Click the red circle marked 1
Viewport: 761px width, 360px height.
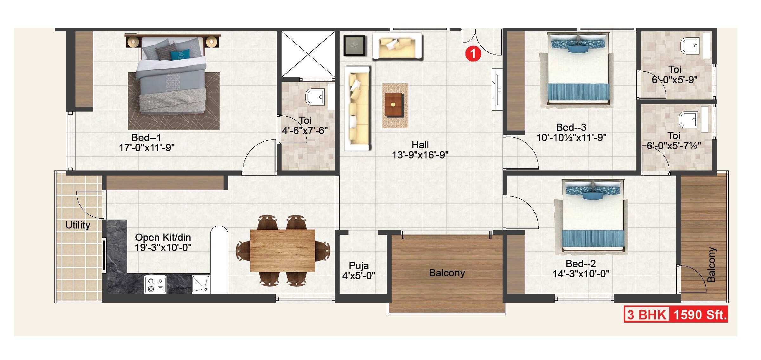(473, 54)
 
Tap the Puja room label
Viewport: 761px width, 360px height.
(359, 266)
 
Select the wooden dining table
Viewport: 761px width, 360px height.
(282, 251)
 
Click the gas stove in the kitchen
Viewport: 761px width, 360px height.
(155, 285)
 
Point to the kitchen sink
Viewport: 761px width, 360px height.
(200, 284)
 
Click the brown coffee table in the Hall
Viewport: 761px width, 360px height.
(393, 105)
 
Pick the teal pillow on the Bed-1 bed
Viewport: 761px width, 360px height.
(180, 55)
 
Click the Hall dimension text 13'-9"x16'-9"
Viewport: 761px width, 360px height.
(420, 155)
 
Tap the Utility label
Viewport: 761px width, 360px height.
(78, 225)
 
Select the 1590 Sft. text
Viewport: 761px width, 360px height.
(700, 315)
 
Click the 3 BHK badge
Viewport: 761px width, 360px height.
(647, 315)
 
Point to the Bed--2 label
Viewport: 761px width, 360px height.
(581, 264)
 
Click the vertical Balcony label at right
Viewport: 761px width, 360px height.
(712, 265)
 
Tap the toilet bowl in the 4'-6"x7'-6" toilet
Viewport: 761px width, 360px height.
(315, 97)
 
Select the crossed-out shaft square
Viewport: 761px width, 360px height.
(308, 54)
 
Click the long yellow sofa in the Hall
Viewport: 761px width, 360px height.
(358, 108)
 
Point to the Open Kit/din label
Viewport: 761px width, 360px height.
(163, 237)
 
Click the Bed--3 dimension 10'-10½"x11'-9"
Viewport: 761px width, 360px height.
(571, 138)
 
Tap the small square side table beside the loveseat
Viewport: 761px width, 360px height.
(355, 46)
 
